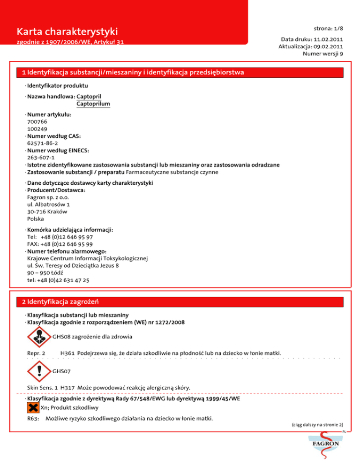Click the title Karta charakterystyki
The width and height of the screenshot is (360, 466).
click(67, 32)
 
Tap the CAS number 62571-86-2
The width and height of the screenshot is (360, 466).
click(43, 143)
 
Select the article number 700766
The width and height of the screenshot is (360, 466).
click(37, 121)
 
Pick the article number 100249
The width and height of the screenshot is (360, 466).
click(37, 128)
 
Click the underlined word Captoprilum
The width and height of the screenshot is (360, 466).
click(93, 104)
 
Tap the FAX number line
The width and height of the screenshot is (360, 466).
click(60, 244)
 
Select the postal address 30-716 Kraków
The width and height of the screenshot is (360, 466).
click(47, 211)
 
